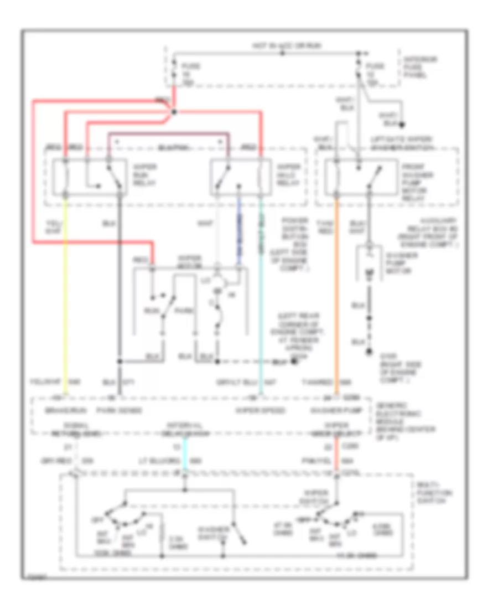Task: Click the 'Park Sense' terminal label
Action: (128, 410)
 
